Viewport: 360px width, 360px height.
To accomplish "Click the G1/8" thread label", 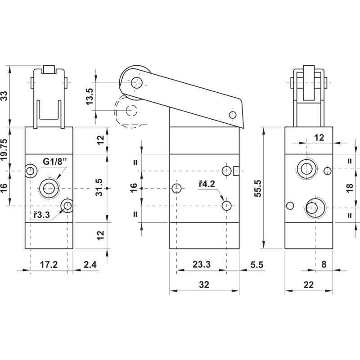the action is tap(54, 162).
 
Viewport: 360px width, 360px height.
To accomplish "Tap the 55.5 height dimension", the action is tap(258, 188).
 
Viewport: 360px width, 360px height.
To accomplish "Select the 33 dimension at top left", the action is tap(4, 96).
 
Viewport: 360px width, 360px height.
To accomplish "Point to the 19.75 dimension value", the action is tap(4, 149).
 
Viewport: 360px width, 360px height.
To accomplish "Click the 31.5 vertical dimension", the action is tap(99, 188).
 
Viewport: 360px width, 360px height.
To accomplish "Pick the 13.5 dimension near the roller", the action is tap(89, 96).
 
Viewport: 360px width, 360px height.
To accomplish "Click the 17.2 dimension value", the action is tap(49, 265).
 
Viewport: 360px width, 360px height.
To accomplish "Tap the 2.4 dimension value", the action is tap(90, 265).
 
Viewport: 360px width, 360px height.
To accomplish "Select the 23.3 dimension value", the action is tap(201, 264).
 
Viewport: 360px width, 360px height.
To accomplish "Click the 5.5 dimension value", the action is tap(256, 265).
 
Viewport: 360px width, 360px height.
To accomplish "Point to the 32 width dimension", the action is tap(204, 285).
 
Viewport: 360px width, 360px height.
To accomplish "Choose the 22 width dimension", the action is tap(308, 285).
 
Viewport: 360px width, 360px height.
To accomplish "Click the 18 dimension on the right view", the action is tap(350, 188).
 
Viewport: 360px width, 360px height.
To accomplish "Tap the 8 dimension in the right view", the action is tap(324, 265).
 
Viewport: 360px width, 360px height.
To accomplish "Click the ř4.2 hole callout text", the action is tap(207, 184).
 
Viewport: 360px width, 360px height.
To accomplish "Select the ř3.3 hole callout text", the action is tap(41, 215).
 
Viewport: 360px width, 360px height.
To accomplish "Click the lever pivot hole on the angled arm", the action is tap(233, 115).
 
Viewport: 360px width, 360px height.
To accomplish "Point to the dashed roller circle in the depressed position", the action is tap(131, 110).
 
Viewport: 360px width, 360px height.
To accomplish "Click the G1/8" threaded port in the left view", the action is tap(49, 189).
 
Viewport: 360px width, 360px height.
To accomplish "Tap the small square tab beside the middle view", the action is tap(236, 171).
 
